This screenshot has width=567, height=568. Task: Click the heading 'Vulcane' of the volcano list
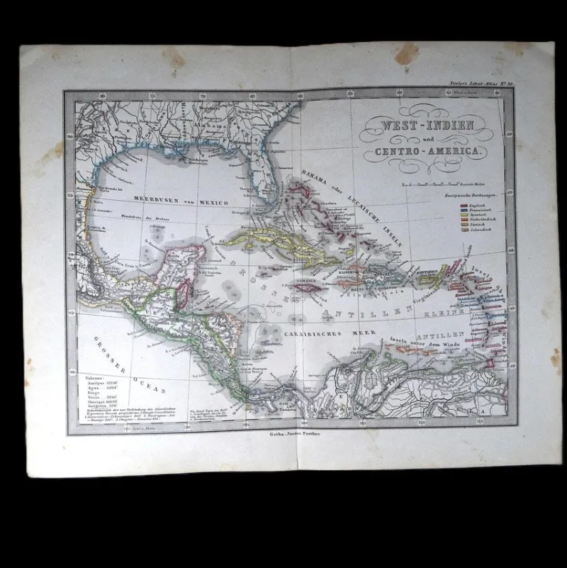click(x=91, y=381)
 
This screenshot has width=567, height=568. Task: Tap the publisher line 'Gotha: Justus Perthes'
click(x=291, y=434)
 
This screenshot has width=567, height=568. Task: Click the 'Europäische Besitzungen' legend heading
click(x=470, y=194)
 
